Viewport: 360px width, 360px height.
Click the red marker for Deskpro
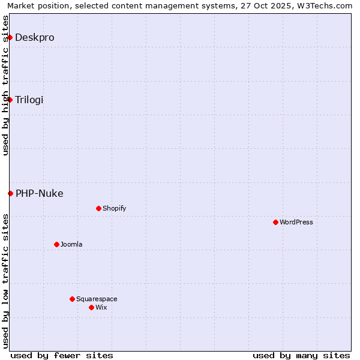click(10, 38)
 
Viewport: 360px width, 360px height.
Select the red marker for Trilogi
click(10, 100)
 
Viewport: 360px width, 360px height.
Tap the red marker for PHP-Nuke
click(10, 193)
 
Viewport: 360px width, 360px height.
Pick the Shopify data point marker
click(98, 209)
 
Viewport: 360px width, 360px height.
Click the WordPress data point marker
click(275, 222)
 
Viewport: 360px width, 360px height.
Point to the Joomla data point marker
click(56, 244)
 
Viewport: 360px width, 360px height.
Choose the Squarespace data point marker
click(72, 299)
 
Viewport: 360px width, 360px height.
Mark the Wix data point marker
click(91, 307)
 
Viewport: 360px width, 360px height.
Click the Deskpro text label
click(35, 38)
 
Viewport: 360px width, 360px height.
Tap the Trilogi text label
click(29, 100)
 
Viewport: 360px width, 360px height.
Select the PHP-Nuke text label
click(40, 193)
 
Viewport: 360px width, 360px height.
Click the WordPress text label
click(296, 222)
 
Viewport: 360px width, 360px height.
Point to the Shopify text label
click(115, 209)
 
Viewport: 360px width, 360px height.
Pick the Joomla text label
click(71, 244)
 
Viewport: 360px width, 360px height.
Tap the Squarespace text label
click(97, 299)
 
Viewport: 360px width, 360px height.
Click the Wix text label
click(101, 307)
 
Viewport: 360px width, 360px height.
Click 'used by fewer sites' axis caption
click(62, 355)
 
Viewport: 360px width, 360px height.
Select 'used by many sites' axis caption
click(301, 355)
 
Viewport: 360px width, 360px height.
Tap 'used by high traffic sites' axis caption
click(5, 85)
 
